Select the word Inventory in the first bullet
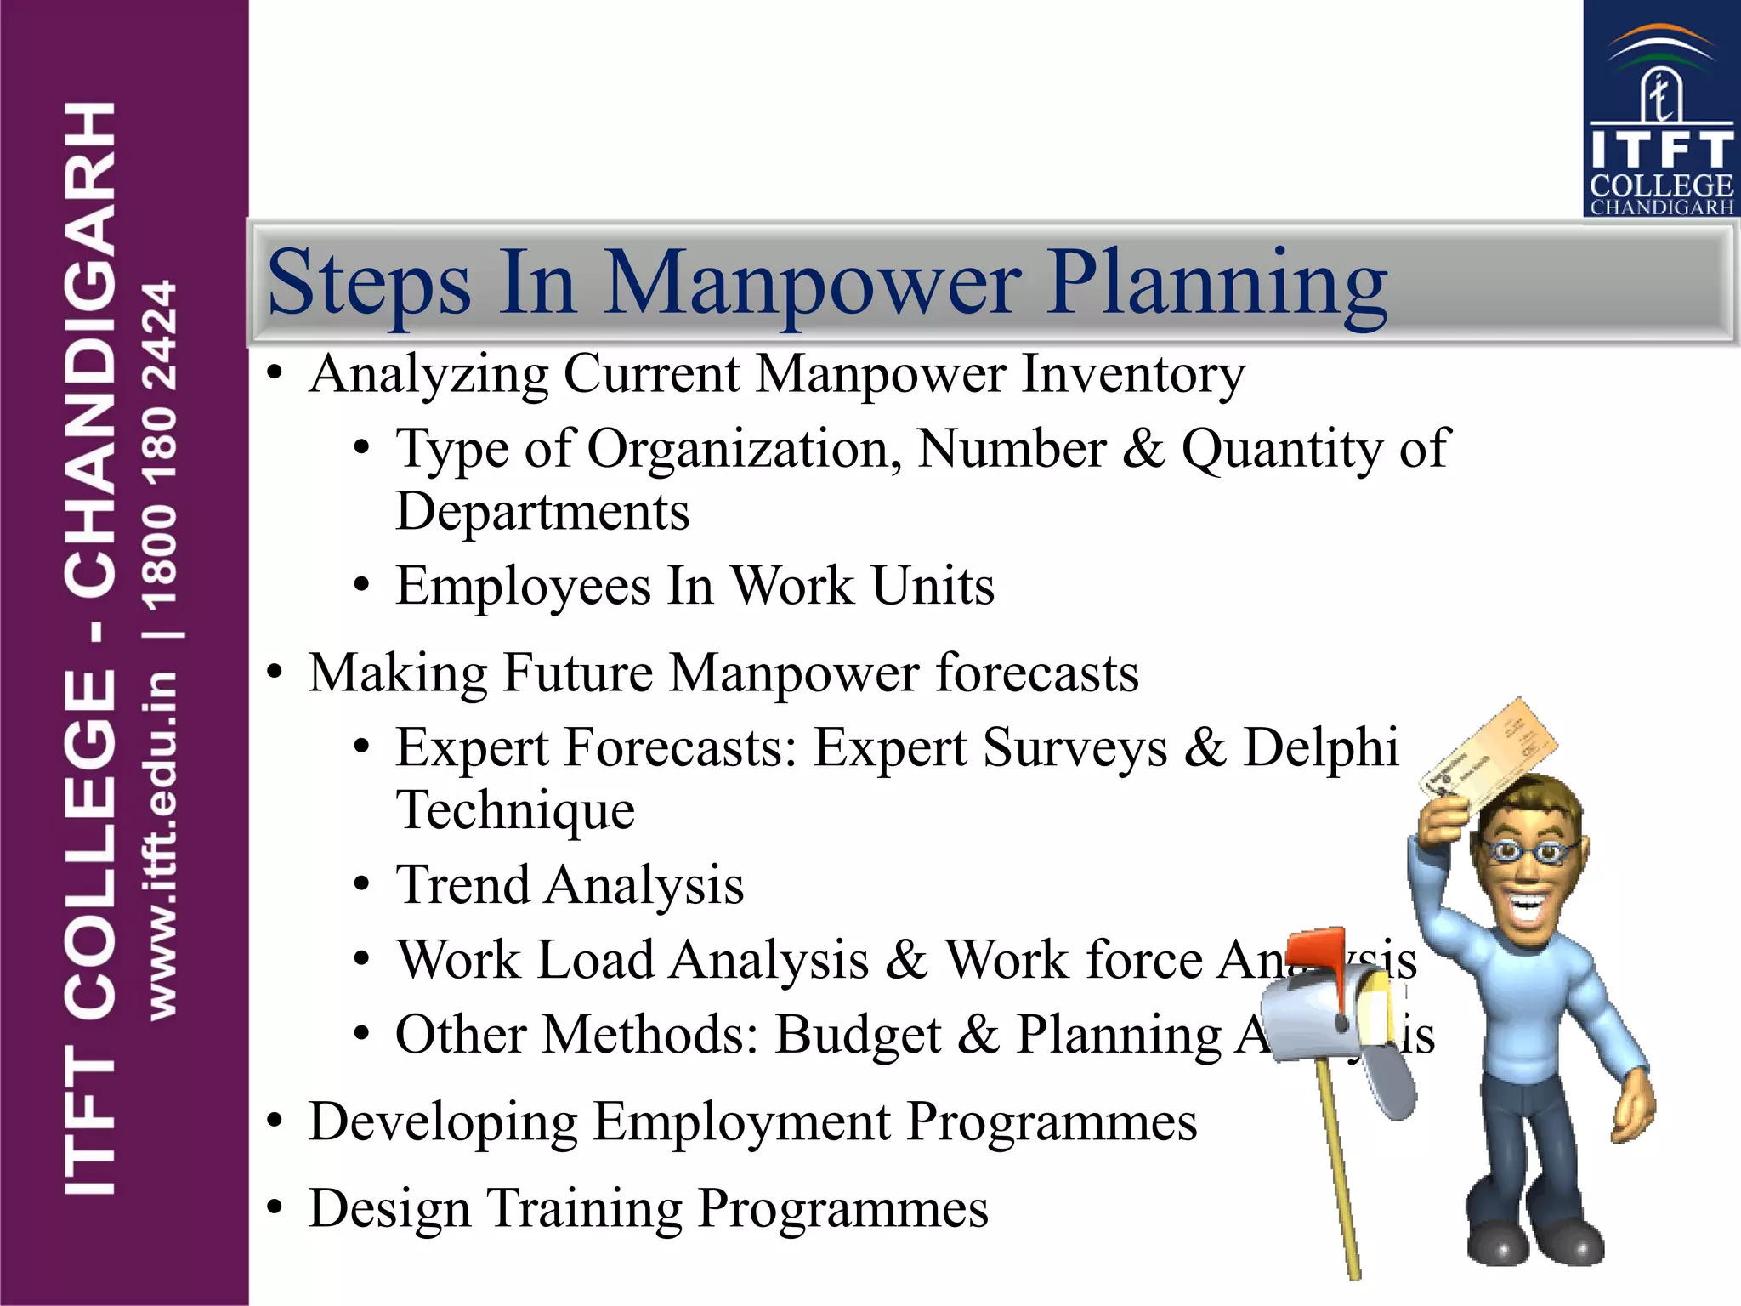point(1132,375)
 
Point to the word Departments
point(542,513)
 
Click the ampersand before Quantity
point(1143,448)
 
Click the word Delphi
point(1320,747)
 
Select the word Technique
point(515,810)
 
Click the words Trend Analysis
point(570,885)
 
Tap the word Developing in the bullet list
point(443,1122)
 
